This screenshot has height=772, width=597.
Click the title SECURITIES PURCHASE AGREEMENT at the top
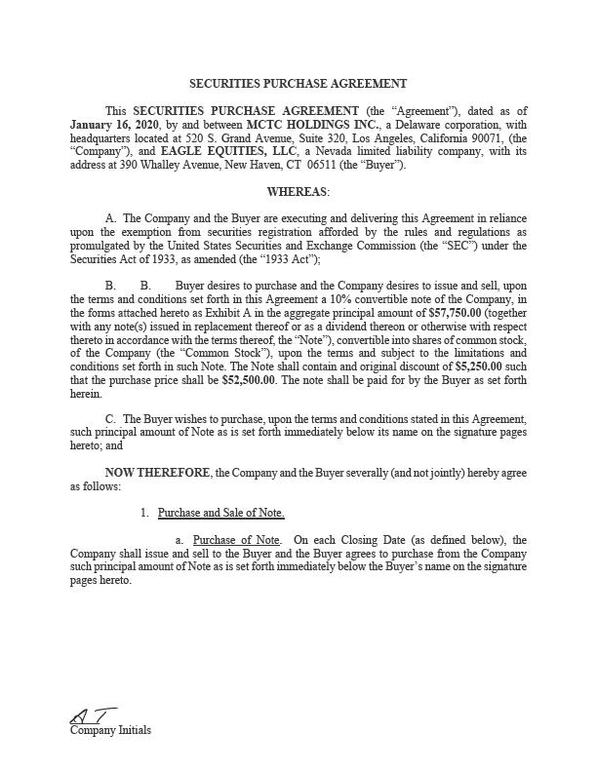coord(298,84)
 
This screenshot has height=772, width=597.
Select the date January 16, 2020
coord(109,125)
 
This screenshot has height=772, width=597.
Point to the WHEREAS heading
coord(298,192)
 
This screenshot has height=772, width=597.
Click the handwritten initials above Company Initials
coord(93,716)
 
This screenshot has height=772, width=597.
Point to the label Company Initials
coord(110,730)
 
